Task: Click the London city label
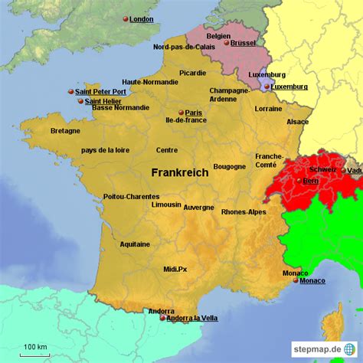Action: [141, 19]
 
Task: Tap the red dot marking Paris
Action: [181, 113]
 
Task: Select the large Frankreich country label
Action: [179, 173]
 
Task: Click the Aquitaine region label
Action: [135, 244]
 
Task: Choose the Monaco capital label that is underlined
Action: [312, 281]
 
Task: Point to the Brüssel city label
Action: [243, 43]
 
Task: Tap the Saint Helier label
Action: [103, 101]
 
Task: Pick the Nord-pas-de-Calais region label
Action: [184, 47]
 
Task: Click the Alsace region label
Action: [297, 122]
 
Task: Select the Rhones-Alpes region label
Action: [244, 212]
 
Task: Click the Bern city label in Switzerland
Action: [311, 181]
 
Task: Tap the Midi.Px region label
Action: [175, 269]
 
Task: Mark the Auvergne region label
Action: [198, 207]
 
